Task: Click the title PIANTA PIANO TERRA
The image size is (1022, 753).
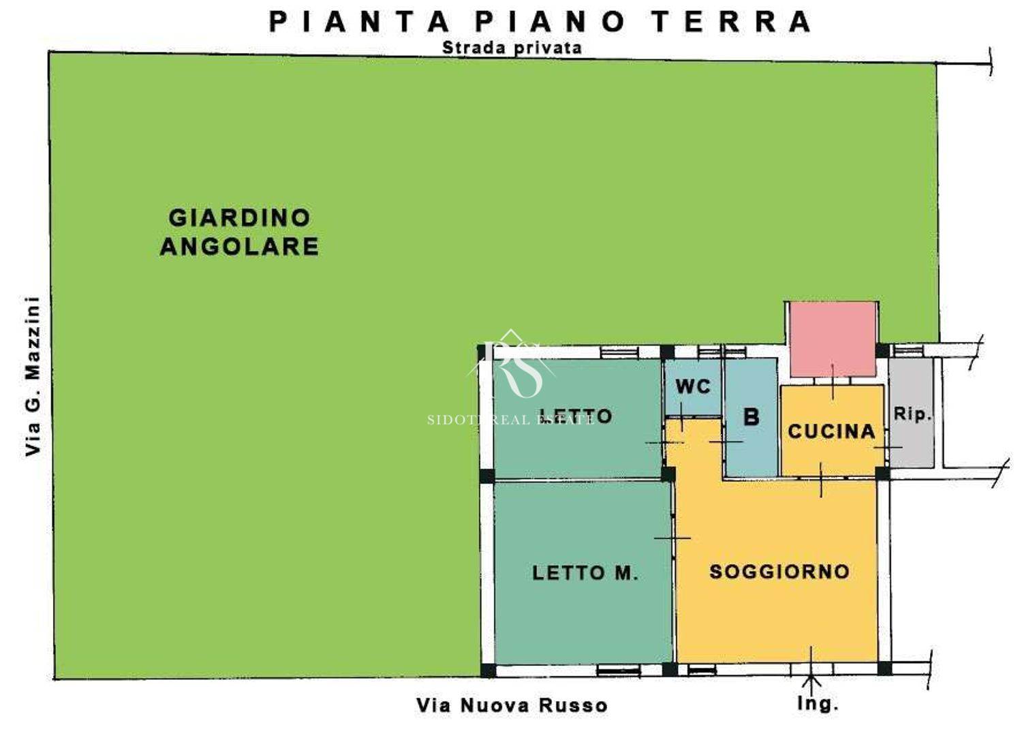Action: [x=540, y=21]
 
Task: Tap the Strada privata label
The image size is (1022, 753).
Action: [x=512, y=48]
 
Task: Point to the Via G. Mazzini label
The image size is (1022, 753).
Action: [x=33, y=376]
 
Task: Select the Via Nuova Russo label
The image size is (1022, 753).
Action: [x=512, y=705]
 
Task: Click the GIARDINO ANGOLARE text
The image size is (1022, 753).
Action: [x=240, y=232]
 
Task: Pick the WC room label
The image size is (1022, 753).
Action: [x=694, y=387]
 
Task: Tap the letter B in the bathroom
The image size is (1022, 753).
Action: [x=752, y=416]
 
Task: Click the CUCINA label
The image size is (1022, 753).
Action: [x=832, y=431]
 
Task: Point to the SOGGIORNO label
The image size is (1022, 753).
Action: [x=779, y=572]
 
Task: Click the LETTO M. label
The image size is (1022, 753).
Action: [x=585, y=572]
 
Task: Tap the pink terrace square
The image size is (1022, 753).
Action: [x=833, y=339]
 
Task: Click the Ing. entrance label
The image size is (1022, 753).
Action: [x=818, y=704]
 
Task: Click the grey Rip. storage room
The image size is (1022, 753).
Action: [x=911, y=413]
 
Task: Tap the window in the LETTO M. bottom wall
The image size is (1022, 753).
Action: [x=619, y=670]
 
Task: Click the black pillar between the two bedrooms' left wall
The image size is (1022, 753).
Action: [x=487, y=476]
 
